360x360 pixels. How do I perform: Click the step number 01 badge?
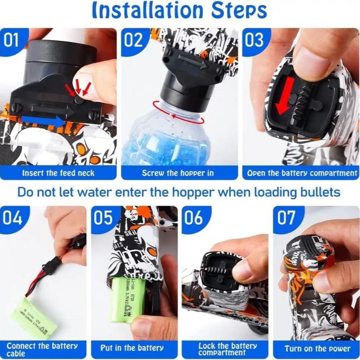(x=12, y=40)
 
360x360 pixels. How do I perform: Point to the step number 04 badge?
(x=13, y=218)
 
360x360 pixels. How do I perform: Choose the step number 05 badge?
(x=104, y=218)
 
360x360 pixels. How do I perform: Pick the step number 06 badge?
(x=194, y=218)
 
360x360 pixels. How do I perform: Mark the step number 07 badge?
(x=286, y=218)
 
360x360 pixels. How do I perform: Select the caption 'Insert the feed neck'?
(x=58, y=173)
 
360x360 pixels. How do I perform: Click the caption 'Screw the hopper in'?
(x=178, y=173)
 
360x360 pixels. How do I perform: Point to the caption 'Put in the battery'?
(x=132, y=348)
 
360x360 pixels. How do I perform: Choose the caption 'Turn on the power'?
(x=318, y=349)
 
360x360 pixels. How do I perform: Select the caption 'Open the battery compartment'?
(x=302, y=173)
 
